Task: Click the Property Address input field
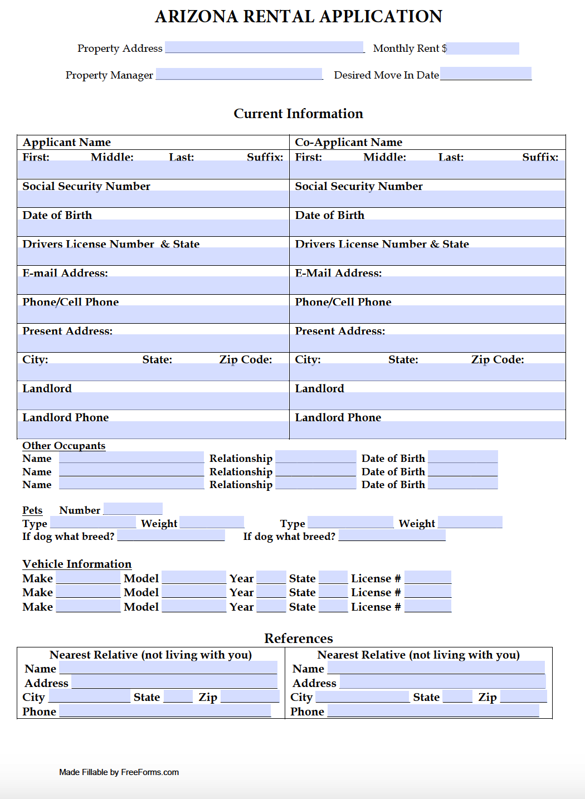tap(264, 47)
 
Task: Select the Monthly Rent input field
tap(482, 48)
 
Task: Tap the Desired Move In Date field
tap(486, 74)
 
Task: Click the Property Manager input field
tap(239, 74)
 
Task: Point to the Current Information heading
tap(298, 114)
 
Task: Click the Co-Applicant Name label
tap(348, 142)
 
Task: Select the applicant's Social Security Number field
tap(153, 199)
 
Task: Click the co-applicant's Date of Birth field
tap(427, 228)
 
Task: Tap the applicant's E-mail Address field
tap(153, 285)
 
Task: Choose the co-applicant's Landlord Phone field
tap(427, 430)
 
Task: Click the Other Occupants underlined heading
tap(64, 446)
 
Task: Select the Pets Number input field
tap(133, 509)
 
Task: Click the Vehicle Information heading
tap(77, 564)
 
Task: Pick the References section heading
tap(298, 639)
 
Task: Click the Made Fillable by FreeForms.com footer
tap(119, 772)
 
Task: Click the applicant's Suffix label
tap(265, 157)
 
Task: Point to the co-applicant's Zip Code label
tap(497, 359)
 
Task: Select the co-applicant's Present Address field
tap(427, 343)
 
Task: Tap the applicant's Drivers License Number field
tap(153, 256)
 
